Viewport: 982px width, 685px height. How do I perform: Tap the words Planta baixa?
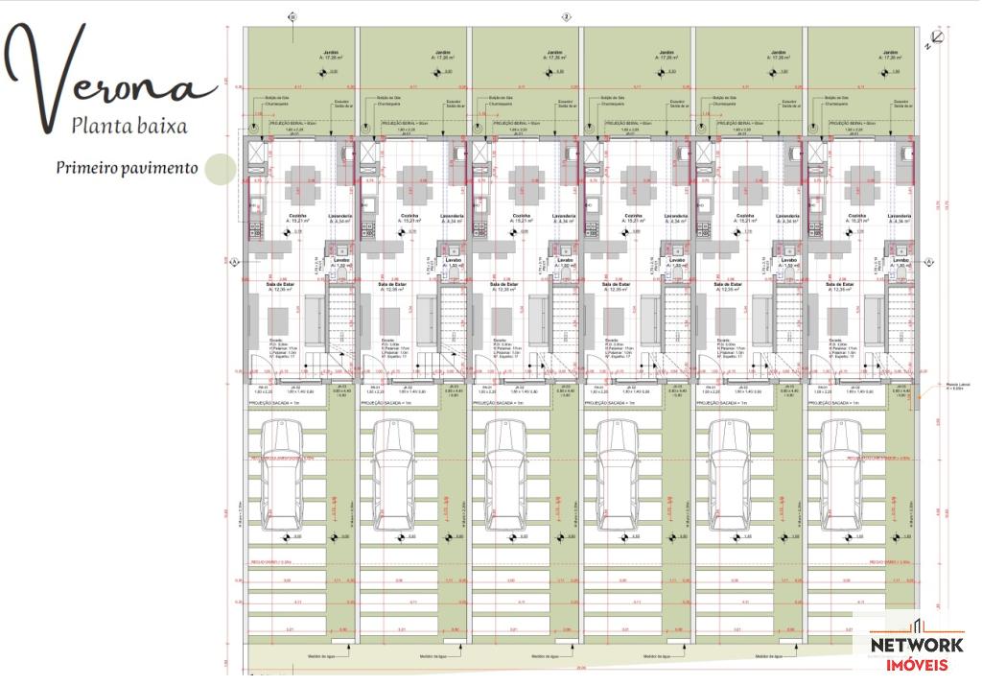pyautogui.click(x=129, y=125)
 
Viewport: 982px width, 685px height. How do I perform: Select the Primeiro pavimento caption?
pyautogui.click(x=126, y=168)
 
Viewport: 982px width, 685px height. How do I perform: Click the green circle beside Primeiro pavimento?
pyautogui.click(x=220, y=169)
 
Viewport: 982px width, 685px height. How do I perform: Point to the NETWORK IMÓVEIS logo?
pyautogui.click(x=917, y=653)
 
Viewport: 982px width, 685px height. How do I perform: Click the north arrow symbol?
pyautogui.click(x=934, y=38)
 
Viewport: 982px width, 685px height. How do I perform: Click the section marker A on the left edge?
pyautogui.click(x=233, y=261)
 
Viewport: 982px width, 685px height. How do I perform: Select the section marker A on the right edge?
pyautogui.click(x=928, y=261)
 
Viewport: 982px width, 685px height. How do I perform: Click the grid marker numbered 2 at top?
pyautogui.click(x=567, y=16)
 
